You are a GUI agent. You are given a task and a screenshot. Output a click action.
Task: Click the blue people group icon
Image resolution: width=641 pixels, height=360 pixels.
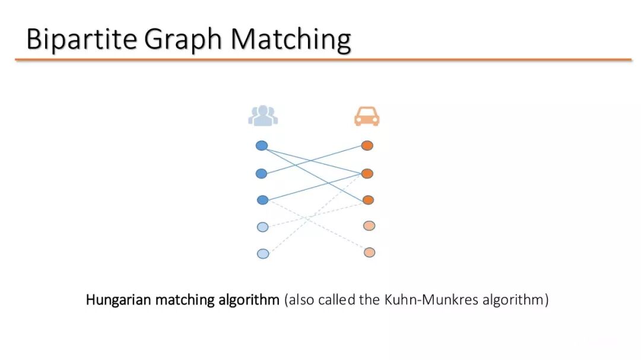(x=263, y=116)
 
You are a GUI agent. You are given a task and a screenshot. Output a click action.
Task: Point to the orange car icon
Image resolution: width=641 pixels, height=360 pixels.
(x=367, y=116)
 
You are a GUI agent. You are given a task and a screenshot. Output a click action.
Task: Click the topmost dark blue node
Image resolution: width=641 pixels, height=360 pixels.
(x=262, y=146)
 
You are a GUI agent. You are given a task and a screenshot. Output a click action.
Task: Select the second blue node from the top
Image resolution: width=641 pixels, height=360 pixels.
(x=261, y=174)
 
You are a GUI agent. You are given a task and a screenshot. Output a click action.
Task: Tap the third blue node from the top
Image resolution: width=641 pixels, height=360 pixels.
(x=262, y=200)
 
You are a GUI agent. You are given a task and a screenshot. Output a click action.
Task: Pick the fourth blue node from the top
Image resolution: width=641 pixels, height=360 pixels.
(x=262, y=227)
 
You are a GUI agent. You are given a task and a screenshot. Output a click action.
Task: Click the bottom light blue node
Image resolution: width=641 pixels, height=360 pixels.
(x=263, y=254)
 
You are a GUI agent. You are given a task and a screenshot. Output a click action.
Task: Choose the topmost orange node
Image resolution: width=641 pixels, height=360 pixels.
(x=367, y=146)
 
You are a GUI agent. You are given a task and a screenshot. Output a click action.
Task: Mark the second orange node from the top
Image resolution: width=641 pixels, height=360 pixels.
(x=367, y=174)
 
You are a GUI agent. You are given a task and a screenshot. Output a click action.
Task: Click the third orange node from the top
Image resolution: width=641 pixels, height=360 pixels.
(x=368, y=200)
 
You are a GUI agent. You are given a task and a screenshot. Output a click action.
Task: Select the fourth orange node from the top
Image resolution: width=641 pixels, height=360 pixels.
(x=369, y=225)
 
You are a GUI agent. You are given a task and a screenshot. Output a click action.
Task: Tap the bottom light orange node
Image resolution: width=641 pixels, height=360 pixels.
(x=369, y=252)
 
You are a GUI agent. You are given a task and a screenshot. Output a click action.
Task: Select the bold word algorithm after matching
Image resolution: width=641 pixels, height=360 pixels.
(x=249, y=300)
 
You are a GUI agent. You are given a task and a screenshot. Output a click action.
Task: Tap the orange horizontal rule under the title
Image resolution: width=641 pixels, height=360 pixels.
(x=323, y=60)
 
